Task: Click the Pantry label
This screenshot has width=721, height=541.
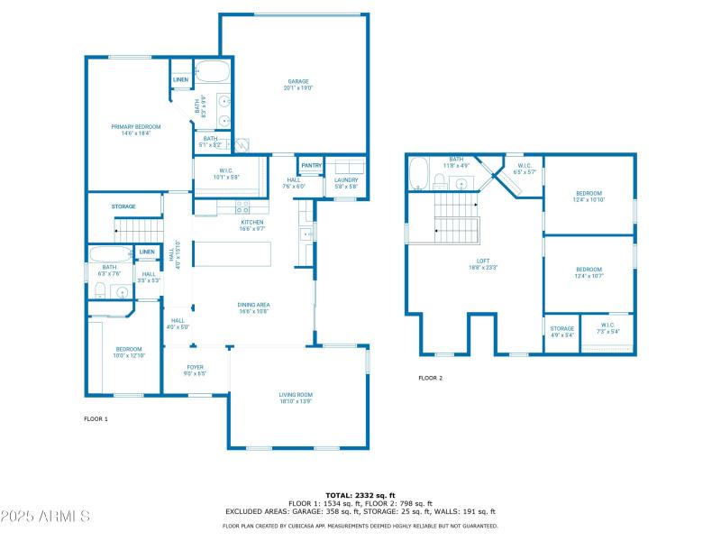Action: (312, 165)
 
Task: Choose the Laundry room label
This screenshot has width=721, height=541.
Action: (346, 179)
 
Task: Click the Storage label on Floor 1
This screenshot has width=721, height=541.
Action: (123, 206)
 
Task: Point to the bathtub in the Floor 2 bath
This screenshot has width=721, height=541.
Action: (418, 174)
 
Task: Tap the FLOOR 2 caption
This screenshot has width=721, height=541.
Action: (430, 378)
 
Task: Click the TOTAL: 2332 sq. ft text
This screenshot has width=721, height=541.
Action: (360, 495)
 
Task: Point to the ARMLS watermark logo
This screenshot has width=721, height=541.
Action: (45, 517)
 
